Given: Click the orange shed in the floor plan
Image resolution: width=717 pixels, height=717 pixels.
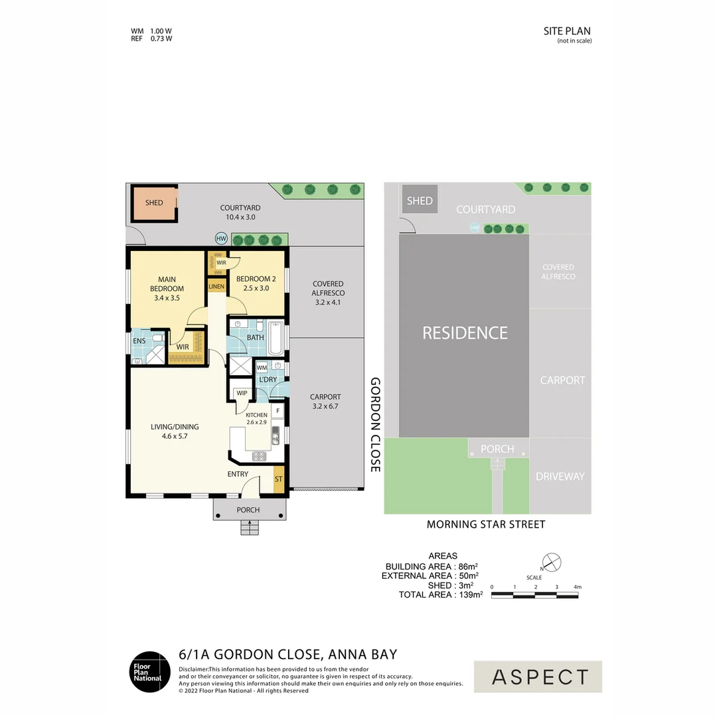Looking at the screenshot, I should tap(154, 203).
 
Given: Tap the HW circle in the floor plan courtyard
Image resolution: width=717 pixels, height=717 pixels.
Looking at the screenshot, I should tap(221, 238).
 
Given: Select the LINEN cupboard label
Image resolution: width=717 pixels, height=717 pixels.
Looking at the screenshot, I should tap(216, 286).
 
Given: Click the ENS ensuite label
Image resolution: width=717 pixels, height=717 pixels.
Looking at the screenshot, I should tap(139, 341).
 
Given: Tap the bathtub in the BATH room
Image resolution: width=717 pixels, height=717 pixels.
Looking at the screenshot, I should tap(276, 337).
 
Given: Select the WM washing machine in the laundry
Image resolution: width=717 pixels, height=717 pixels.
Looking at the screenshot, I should tap(261, 367).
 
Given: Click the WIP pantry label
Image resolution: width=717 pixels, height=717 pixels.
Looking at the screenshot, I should tap(242, 393).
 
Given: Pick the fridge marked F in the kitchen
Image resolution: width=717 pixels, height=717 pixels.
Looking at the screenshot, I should tap(278, 412).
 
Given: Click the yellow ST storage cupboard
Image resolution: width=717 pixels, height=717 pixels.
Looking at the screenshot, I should tap(278, 479).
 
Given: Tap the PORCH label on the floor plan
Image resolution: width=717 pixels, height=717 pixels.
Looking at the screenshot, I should tap(248, 510).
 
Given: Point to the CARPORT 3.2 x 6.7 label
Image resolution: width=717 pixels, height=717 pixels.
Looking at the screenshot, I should tap(325, 401).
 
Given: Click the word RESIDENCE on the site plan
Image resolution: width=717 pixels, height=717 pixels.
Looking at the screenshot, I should tap(465, 333).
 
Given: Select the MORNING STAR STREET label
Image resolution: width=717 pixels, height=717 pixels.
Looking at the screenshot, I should tap(485, 524).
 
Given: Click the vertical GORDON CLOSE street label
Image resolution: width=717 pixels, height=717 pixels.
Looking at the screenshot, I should tap(375, 425).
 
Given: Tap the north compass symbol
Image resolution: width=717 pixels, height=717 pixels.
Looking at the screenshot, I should tap(551, 562).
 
